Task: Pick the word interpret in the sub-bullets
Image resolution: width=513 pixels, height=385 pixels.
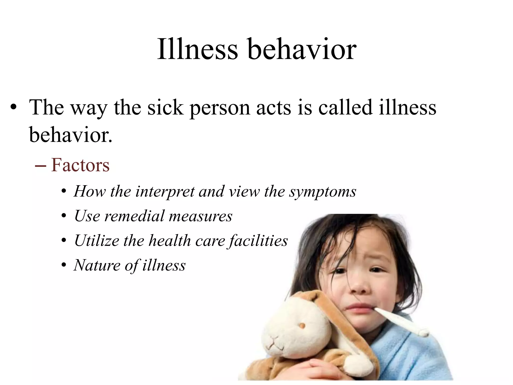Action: click(x=165, y=192)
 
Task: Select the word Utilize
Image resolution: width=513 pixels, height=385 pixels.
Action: click(x=97, y=240)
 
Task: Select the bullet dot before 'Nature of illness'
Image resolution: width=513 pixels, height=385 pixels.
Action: click(x=64, y=265)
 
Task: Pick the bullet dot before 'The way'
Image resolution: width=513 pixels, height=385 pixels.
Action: click(x=14, y=108)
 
